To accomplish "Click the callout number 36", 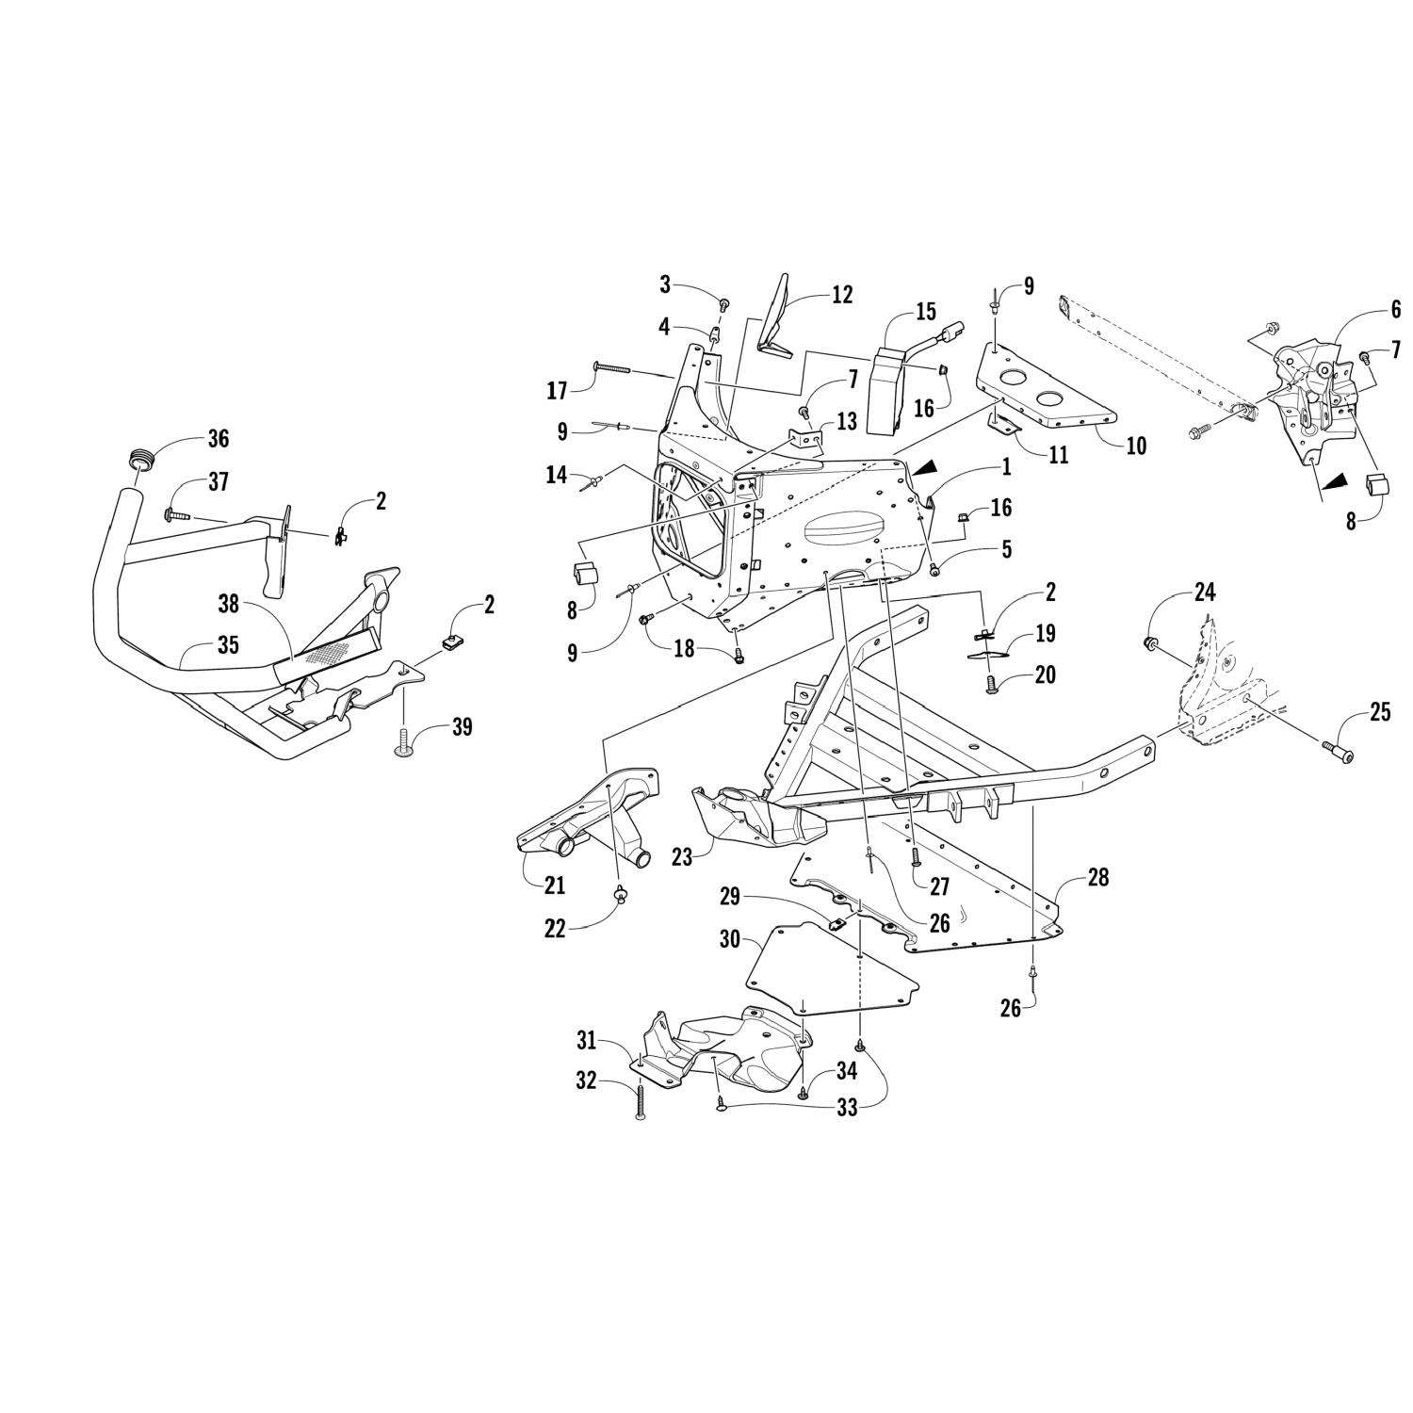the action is pyautogui.click(x=218, y=439).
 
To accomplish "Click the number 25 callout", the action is pyautogui.click(x=1379, y=712).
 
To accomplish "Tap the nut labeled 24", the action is pyautogui.click(x=1149, y=643).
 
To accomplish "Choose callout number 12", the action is pyautogui.click(x=841, y=295).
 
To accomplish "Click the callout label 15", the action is pyautogui.click(x=925, y=311).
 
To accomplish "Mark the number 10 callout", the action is pyautogui.click(x=1136, y=445).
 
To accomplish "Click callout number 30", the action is pyautogui.click(x=729, y=940).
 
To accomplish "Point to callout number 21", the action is pyautogui.click(x=554, y=885).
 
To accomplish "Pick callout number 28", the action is pyautogui.click(x=1097, y=877).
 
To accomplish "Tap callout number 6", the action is pyautogui.click(x=1395, y=309).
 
